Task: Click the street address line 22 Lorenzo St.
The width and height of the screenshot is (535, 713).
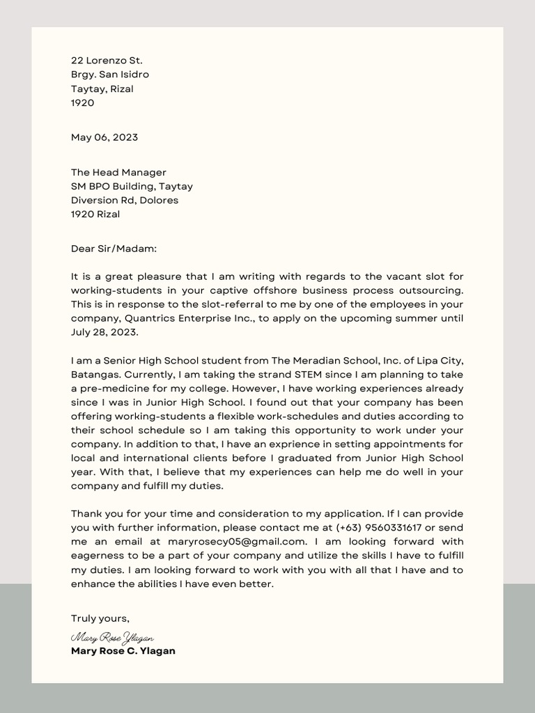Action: pos(107,61)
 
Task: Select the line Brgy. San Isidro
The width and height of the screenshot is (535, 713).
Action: pos(110,75)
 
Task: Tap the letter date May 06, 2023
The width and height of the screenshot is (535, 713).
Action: pos(104,137)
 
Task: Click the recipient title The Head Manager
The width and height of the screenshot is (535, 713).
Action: pos(118,172)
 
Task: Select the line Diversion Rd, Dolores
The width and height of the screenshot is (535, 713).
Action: pos(125,200)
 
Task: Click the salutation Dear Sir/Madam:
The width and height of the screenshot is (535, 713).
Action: pos(114,247)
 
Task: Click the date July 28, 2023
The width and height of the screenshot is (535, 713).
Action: pos(104,332)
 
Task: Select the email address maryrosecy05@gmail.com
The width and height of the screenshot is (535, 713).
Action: pos(237,541)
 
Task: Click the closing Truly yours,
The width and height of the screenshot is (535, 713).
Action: pos(100,618)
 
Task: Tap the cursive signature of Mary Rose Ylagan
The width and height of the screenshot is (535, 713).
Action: pos(112,637)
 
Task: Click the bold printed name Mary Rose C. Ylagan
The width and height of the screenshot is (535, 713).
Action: pos(123,651)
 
